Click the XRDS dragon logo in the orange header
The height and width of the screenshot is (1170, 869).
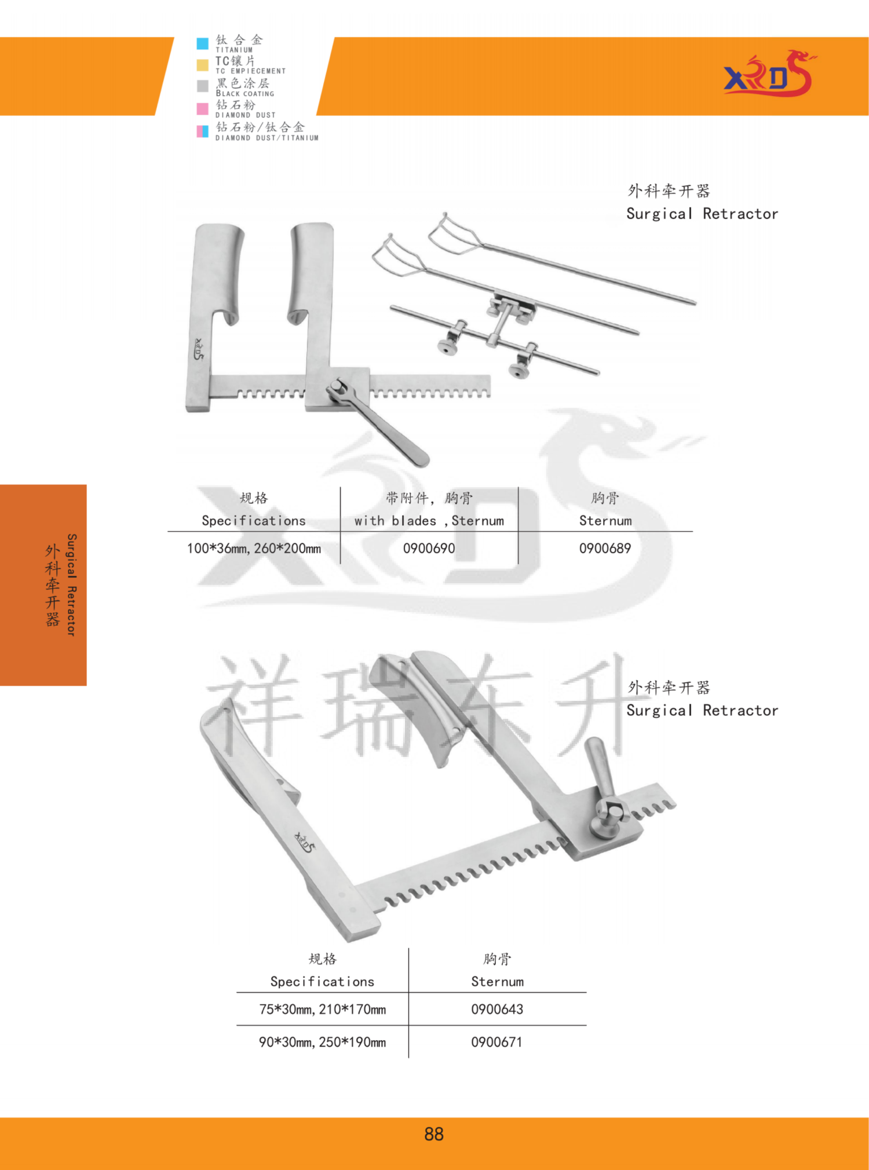click(769, 74)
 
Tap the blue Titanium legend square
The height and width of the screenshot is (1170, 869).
click(202, 43)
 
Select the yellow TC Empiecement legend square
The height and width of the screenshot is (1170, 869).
click(202, 65)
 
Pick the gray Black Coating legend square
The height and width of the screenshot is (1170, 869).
click(202, 86)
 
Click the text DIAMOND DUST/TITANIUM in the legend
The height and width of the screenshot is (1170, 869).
click(267, 138)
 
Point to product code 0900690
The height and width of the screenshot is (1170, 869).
click(429, 548)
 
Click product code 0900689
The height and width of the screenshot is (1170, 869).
click(605, 548)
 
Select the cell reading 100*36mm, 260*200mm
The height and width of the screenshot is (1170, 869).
click(254, 548)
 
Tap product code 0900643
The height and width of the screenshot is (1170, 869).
click(497, 1009)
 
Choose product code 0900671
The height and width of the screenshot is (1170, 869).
click(496, 1042)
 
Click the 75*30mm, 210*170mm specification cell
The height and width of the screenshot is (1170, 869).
click(322, 1009)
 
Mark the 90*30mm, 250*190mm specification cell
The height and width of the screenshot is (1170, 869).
click(322, 1042)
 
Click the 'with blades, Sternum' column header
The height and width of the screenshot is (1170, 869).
click(429, 521)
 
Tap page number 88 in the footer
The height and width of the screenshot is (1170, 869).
click(434, 1134)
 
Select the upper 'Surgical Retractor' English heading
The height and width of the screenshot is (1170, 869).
click(702, 214)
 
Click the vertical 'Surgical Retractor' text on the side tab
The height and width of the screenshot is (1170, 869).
click(71, 585)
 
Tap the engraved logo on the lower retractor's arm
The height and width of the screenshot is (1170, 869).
click(304, 842)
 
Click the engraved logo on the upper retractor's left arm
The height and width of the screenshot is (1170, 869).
click(199, 349)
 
